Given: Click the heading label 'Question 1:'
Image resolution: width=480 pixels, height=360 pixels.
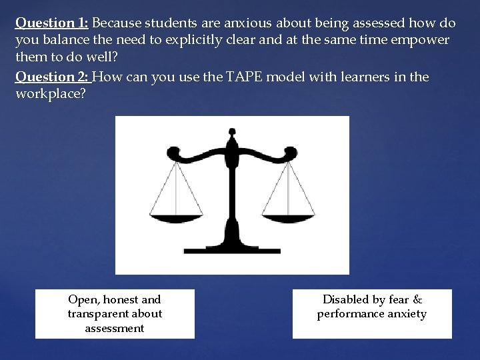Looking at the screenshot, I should point(51,23).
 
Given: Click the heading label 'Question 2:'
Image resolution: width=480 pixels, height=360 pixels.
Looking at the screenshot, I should point(51,77).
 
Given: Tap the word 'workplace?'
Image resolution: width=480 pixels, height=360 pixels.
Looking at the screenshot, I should point(50,93).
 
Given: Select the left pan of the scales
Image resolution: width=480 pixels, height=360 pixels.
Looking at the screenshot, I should point(177,217).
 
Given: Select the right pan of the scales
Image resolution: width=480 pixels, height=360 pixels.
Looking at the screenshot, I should point(289,217).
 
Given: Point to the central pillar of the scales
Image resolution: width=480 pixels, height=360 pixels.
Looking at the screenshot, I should point(232,200).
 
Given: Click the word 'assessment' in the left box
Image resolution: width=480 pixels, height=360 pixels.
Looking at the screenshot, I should point(115,328).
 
